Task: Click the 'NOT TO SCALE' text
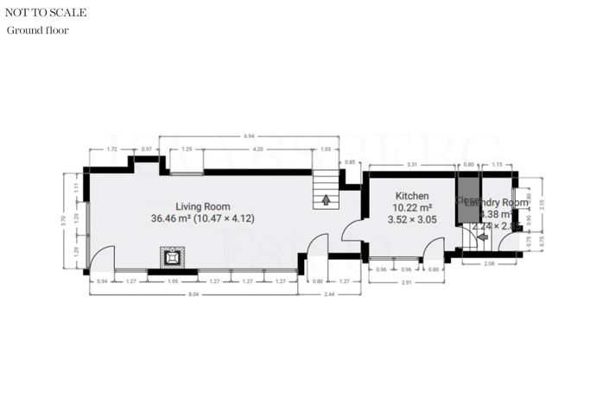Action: coord(45,13)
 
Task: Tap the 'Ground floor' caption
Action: coord(38,30)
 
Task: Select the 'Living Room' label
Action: coord(203,206)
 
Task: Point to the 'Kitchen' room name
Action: coord(412,197)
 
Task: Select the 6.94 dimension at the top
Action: coord(249,136)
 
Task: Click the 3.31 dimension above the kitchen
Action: coord(412,164)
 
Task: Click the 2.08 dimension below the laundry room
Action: coord(489,263)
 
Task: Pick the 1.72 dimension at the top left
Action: coord(111,150)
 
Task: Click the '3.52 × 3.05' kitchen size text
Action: coord(412,219)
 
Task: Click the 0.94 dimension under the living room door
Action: coord(103,281)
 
